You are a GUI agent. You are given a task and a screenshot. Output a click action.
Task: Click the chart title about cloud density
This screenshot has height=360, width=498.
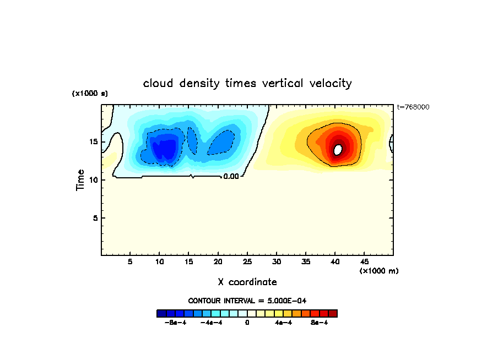(247, 83)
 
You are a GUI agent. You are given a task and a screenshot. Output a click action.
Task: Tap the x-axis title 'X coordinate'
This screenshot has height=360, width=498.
(247, 282)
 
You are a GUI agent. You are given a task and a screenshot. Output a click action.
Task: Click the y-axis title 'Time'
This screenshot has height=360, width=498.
(80, 180)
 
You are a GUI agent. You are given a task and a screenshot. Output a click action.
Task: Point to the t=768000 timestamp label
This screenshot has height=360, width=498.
(413, 107)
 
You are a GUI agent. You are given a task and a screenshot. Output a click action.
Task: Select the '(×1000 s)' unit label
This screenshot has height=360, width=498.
(90, 94)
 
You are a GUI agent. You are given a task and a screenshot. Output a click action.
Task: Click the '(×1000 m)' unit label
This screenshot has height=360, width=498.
(379, 271)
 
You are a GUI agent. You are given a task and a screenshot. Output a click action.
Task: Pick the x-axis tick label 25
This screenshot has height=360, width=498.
(247, 261)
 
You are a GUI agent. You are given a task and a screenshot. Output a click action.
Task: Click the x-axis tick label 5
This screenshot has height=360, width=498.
(130, 261)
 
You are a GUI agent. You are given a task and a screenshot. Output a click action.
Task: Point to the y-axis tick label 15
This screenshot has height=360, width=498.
(94, 141)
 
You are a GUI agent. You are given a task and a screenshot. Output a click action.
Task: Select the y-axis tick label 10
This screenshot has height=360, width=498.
(94, 180)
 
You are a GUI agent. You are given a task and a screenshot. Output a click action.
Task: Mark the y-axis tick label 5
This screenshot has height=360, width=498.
(96, 218)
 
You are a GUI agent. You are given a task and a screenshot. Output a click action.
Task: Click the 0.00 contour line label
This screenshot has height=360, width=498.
(231, 177)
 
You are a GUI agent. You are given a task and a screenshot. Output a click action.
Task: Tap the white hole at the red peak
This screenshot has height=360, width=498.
(338, 149)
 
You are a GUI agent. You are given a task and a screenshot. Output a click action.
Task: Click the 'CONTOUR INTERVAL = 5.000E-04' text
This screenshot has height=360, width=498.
(247, 301)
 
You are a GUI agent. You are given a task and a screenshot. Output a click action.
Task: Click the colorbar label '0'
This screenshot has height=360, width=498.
(247, 323)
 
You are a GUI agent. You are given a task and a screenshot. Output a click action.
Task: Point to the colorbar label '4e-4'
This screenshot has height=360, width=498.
(283, 323)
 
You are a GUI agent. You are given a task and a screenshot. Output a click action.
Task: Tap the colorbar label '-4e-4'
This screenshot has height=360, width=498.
(211, 323)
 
